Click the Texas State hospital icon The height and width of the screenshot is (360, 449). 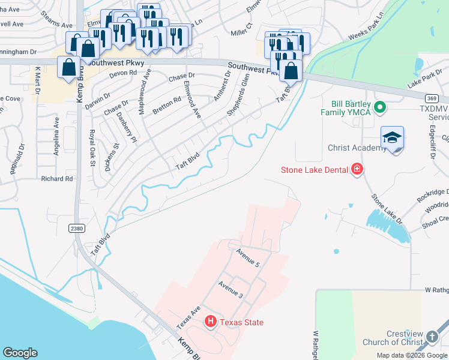[210, 322]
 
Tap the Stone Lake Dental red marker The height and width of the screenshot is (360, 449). [357, 169]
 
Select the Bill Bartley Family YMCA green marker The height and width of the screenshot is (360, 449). [379, 107]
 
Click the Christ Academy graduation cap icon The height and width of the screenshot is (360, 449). [392, 139]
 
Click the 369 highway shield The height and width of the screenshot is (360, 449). [430, 98]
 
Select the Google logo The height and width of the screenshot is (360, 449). [20, 353]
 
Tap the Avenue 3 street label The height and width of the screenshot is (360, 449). [231, 289]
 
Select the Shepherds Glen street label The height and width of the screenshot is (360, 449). [238, 95]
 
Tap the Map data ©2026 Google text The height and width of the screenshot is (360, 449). [412, 355]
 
